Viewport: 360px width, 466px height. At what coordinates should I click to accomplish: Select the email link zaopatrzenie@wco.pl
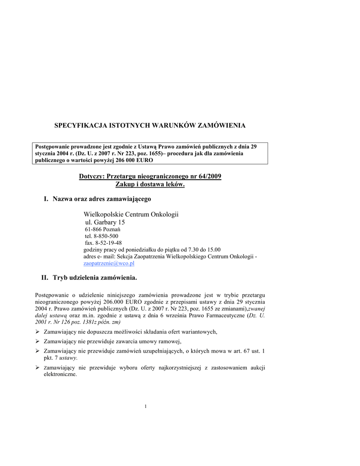(x=109, y=263)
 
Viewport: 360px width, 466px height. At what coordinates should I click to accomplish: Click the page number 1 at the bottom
(x=145, y=406)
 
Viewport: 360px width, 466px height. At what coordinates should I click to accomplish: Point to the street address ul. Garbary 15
(x=105, y=222)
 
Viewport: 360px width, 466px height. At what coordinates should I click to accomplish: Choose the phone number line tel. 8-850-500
(x=101, y=236)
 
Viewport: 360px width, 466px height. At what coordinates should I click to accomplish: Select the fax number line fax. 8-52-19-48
(x=103, y=243)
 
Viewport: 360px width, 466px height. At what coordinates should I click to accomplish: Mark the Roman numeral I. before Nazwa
(x=46, y=199)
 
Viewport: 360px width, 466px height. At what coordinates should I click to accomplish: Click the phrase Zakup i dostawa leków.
(x=150, y=184)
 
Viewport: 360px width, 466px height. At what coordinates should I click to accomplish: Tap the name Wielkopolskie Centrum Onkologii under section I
(x=131, y=214)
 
